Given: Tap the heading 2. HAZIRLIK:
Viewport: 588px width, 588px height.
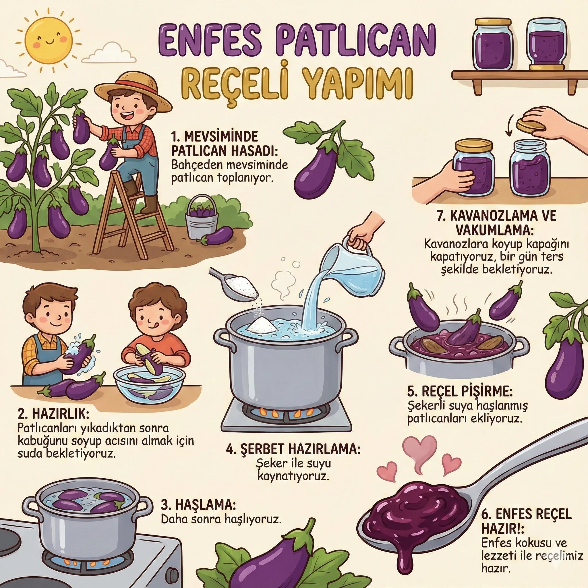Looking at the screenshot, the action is coord(54,414).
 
